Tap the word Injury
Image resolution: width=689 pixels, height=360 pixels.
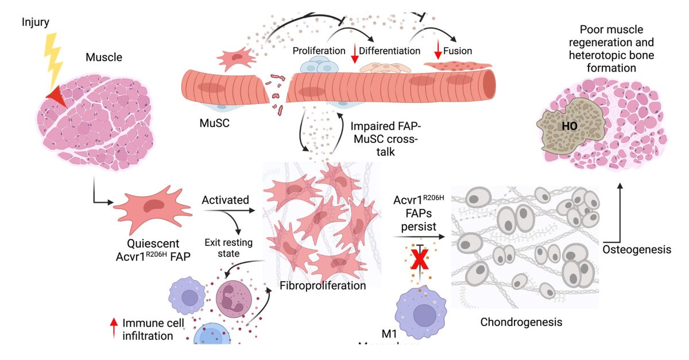(x=36, y=22)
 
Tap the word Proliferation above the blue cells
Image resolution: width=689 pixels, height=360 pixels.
(x=319, y=51)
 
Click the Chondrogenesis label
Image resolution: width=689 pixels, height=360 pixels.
(x=521, y=322)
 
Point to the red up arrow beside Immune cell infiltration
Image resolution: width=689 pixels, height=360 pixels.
(x=114, y=328)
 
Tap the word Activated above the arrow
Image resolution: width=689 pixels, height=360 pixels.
(x=226, y=200)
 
